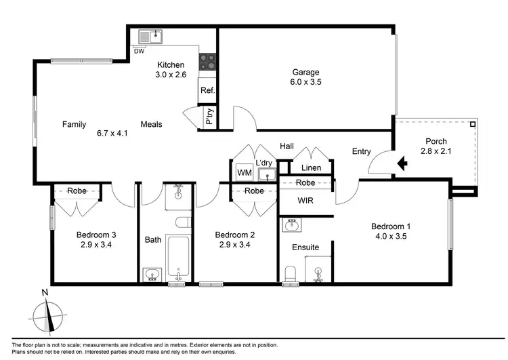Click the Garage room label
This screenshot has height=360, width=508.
[305, 73]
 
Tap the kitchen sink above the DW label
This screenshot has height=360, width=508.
[150, 37]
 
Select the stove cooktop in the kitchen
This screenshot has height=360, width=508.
[207, 63]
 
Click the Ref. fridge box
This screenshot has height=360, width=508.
[207, 90]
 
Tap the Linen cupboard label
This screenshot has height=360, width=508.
[311, 167]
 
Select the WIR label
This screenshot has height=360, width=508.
[305, 201]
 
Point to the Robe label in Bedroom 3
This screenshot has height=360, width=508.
[77, 191]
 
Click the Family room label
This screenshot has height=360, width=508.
[74, 124]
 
